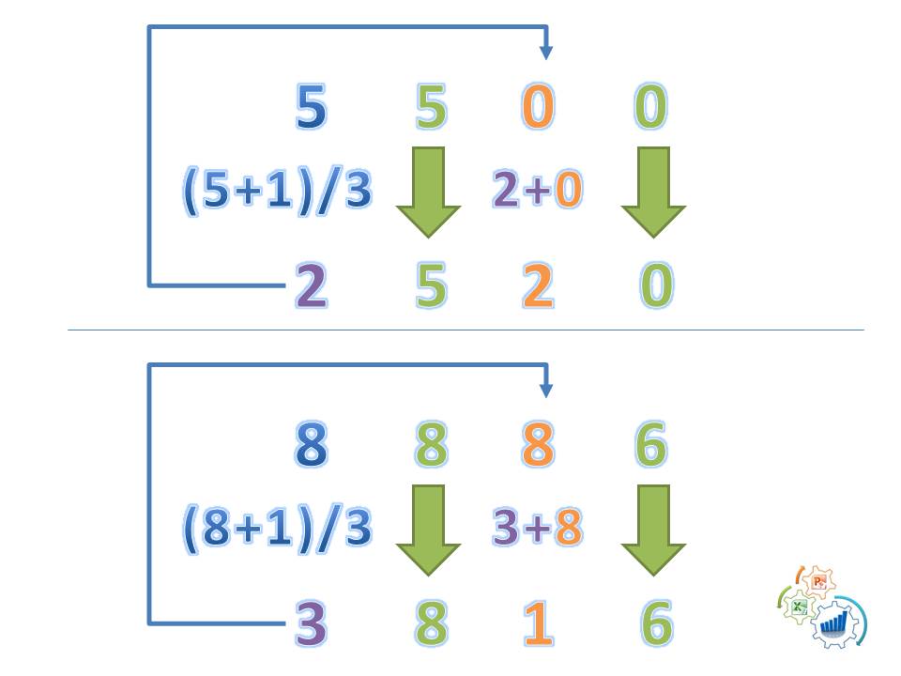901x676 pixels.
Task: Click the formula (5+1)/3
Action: [x=278, y=192]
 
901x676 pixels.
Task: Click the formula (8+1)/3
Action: [x=278, y=530]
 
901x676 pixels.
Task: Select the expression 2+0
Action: [x=537, y=191]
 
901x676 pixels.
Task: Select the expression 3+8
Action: [x=537, y=530]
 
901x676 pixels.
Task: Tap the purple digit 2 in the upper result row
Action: [x=311, y=286]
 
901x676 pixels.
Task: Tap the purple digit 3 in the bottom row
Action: [x=311, y=624]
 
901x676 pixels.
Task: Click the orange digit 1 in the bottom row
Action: [x=537, y=624]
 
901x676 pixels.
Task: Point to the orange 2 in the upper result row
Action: [x=537, y=286]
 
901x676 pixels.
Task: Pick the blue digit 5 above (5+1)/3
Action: [x=311, y=108]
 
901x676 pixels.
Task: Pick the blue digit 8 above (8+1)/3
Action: [x=311, y=446]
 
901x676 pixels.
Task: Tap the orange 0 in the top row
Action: [x=537, y=108]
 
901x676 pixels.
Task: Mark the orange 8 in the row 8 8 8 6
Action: [x=537, y=446]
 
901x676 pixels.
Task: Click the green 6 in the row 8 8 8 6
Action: [x=650, y=446]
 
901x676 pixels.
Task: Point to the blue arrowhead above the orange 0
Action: [x=546, y=54]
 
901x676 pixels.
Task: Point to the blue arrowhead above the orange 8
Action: [x=546, y=391]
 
